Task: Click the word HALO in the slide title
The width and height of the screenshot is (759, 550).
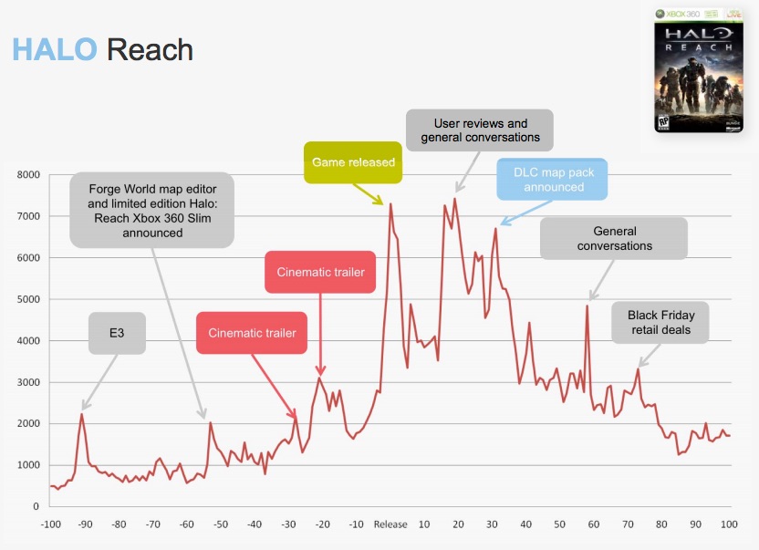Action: pos(54,48)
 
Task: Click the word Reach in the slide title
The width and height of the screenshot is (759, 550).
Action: pos(150,48)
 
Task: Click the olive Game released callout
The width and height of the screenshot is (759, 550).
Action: pos(353,162)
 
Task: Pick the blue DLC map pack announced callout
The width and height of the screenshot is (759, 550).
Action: pos(554,179)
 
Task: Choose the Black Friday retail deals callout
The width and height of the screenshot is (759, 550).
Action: pos(659,323)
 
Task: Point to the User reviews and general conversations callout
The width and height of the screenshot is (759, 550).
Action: pos(480,130)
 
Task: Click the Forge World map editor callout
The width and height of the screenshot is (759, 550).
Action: pos(152,211)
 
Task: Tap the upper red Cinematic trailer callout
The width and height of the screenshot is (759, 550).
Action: pos(319,272)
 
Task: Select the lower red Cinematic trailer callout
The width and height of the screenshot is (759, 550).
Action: pos(252,333)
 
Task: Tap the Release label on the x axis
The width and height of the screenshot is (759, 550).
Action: pos(390,524)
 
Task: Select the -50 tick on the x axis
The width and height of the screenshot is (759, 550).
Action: pos(220,524)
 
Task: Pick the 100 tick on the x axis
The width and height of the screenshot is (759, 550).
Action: pos(729,524)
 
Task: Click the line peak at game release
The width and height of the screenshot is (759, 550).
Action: pos(390,204)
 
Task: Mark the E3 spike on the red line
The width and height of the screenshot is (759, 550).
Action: pos(82,414)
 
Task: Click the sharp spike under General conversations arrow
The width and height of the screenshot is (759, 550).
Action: pos(587,306)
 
